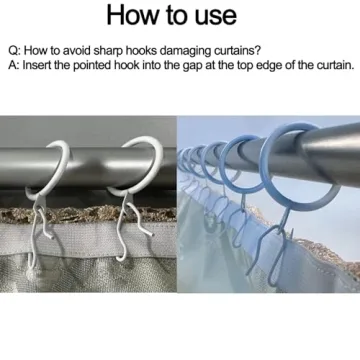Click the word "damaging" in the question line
click(x=182, y=51)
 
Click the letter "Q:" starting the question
click(x=15, y=51)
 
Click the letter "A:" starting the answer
click(x=14, y=65)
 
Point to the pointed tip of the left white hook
click(x=52, y=238)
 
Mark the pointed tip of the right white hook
click(x=152, y=235)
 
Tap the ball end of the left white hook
click(x=31, y=275)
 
